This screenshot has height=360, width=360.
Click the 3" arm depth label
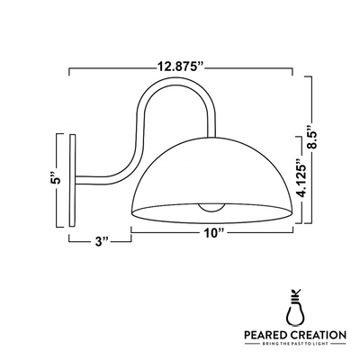102,241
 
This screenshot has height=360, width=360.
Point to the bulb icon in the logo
294,307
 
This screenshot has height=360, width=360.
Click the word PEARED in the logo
269,335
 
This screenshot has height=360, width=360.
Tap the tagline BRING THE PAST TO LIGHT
294,346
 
